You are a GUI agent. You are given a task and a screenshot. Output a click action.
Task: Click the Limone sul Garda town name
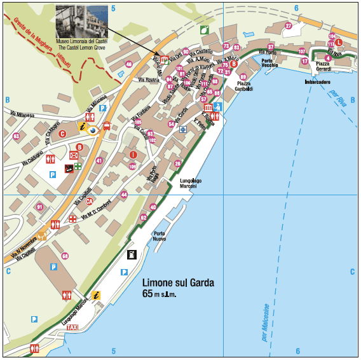pos(178,283)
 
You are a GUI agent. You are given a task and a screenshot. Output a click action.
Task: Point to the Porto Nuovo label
pos(159,237)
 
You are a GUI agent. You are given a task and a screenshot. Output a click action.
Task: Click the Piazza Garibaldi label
pos(244,87)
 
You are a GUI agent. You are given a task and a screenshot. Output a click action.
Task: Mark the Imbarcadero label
pos(321,83)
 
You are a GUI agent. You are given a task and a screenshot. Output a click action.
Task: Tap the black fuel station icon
pos(132,254)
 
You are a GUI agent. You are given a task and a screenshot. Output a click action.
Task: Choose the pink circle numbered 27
pos(288,26)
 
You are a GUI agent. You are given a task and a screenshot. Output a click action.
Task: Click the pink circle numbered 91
pos(39,207)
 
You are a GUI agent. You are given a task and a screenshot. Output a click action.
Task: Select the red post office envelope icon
pos(74,155)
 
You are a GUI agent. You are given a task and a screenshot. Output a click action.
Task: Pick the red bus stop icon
pos(107,125)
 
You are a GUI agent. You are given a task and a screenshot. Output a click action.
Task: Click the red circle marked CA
pos(90,202)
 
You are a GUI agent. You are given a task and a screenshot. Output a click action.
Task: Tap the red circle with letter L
pos(339,42)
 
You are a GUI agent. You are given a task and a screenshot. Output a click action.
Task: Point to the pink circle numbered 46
pos(129,64)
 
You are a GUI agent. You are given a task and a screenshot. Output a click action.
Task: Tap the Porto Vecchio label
pos(269,63)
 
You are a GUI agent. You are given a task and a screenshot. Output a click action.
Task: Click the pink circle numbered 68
pos(65,256)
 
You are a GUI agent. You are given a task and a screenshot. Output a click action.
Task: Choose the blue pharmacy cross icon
pos(183,129)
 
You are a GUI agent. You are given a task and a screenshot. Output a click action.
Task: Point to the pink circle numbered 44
pos(124,195)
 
